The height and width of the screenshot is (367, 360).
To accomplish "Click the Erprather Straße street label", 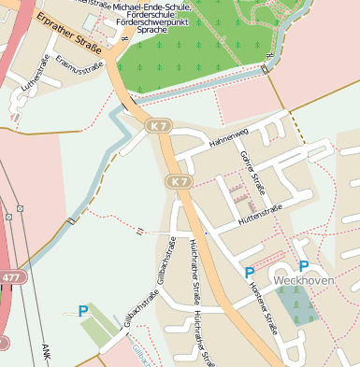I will [x=67, y=31].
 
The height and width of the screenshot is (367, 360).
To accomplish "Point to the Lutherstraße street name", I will [x=36, y=76].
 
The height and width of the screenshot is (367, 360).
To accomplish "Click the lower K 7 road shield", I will [x=178, y=180].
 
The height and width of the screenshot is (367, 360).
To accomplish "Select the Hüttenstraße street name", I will [x=260, y=214].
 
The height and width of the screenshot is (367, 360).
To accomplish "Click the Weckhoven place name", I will [x=304, y=280].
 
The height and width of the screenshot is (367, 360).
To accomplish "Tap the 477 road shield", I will [x=9, y=277].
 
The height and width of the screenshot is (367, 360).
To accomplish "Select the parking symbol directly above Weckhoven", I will [x=303, y=266].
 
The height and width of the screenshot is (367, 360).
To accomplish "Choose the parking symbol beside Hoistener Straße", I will [x=249, y=273].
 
